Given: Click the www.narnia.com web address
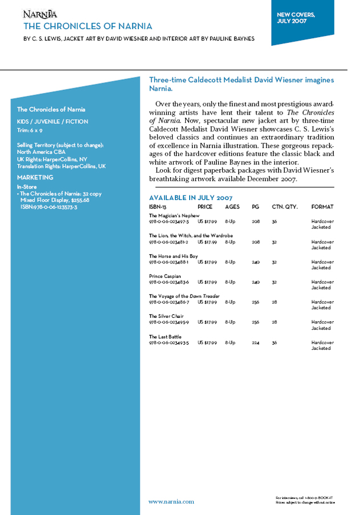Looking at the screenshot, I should pos(171,502).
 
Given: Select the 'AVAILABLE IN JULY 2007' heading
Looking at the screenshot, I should pos(190,197).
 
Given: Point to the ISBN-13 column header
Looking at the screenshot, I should pos(158,206).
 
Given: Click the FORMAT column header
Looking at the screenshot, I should pos(322,206).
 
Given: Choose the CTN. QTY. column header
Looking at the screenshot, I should pos(285,206).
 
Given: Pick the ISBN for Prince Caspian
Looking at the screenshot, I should pos(169,282).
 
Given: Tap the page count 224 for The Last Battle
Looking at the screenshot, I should pos(256,343).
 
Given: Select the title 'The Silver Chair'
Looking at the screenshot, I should pos(166,316).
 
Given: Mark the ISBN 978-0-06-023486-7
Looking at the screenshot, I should pos(169,302).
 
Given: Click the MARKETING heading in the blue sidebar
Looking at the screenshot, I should pos(35,178).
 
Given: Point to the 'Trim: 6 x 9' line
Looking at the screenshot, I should pos(30,130).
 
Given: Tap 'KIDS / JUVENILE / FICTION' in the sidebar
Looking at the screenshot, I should pos(52,121).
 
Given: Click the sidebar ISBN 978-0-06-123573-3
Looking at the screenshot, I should pos(48,207).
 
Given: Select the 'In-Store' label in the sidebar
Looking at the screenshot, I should pos(27,186).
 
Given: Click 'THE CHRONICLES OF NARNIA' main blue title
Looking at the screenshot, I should pos(88,26).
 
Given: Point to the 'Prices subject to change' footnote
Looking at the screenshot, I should pos(305,502).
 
